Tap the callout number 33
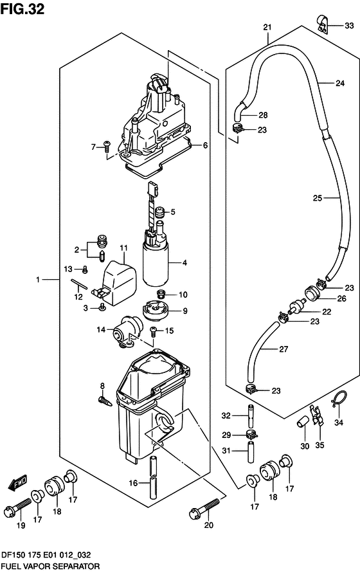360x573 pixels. (x=349, y=25)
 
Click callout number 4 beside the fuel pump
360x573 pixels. (x=184, y=262)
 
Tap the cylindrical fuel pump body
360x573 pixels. (x=156, y=266)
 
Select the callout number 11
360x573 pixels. (x=124, y=248)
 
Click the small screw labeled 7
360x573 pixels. (x=107, y=146)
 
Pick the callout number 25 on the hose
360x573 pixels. (x=317, y=197)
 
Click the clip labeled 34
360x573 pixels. (x=339, y=399)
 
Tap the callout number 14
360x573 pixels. (x=101, y=329)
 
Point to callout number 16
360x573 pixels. (x=133, y=483)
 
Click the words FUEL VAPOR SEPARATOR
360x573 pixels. (x=50, y=567)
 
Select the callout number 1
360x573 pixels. (x=38, y=280)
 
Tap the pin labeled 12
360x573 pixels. (x=79, y=284)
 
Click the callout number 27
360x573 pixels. (x=283, y=349)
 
